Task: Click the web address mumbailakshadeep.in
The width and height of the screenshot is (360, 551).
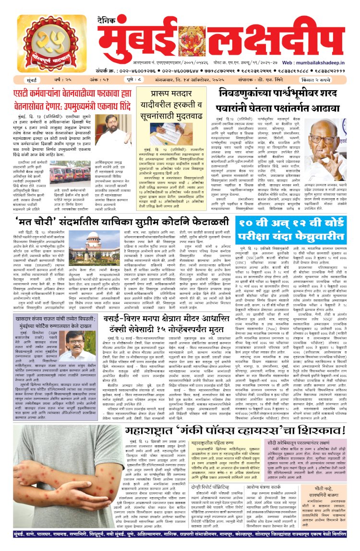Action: point(324,62)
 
